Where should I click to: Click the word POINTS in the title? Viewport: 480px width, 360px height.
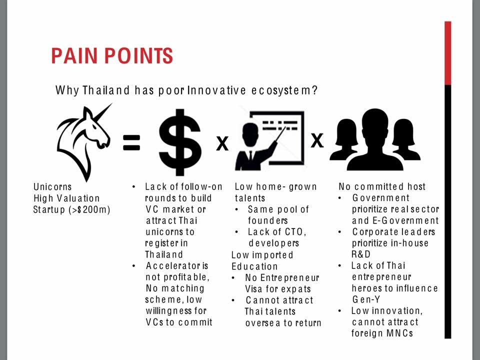pos(138,55)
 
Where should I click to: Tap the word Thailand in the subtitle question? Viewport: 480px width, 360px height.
pos(106,90)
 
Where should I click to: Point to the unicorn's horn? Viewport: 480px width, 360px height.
pos(102,112)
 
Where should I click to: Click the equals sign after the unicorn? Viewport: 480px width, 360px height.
pos(131,142)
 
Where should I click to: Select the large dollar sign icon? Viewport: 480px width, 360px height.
pos(180,142)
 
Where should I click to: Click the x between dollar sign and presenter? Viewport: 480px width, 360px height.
pos(222,143)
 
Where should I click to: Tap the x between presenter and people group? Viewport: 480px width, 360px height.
pos(317,140)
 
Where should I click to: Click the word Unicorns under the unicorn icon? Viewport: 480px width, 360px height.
pos(52,186)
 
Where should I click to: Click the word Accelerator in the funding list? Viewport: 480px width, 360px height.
pos(172,265)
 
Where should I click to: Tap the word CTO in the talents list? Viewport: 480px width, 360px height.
pos(294,232)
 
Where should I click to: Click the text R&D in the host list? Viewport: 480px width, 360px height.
pos(361,254)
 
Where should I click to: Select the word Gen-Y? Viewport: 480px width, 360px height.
pos(366,299)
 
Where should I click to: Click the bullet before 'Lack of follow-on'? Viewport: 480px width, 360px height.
pos(134,186)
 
